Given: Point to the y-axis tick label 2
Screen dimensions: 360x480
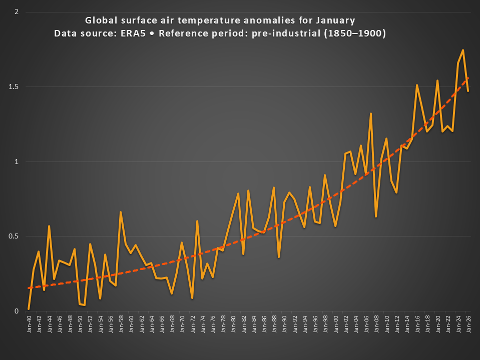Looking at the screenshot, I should point(17,11).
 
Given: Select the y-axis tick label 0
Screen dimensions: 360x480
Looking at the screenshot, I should point(17,311).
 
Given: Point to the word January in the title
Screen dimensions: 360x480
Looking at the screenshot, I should point(335,20).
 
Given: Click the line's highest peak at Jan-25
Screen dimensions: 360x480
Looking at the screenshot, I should point(463,50).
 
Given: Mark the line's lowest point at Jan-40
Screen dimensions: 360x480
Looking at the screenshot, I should point(29,308).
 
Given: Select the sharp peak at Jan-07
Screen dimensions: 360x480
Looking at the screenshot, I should point(371,113).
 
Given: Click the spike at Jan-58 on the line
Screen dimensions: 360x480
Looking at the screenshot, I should point(121,212).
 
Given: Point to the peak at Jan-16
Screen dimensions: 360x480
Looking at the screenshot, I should point(417,85).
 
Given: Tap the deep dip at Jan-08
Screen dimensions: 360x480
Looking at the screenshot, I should point(376,216).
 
